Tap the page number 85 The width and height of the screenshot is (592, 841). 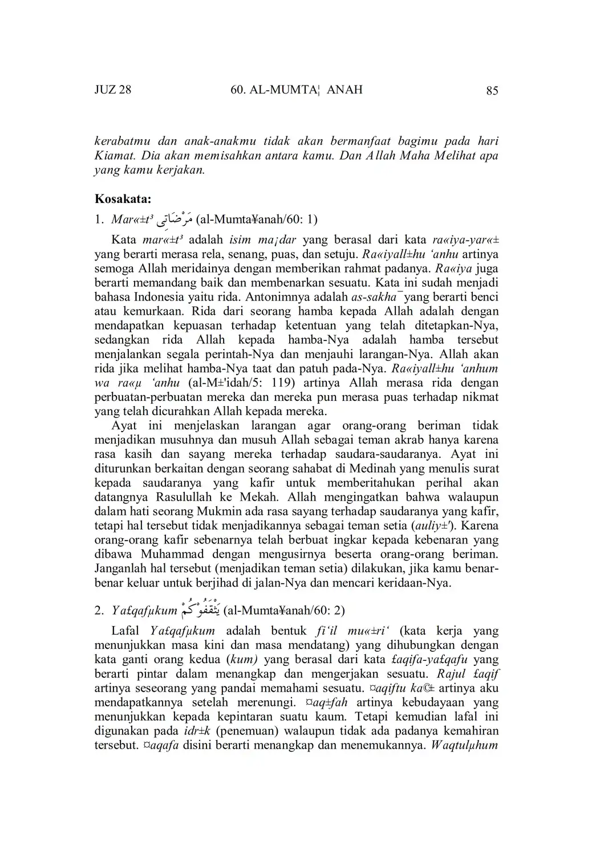click(x=492, y=90)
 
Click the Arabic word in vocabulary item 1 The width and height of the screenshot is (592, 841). click(x=177, y=220)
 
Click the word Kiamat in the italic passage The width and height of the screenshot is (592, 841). click(x=114, y=155)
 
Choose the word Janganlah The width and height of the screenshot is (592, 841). click(x=123, y=568)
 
